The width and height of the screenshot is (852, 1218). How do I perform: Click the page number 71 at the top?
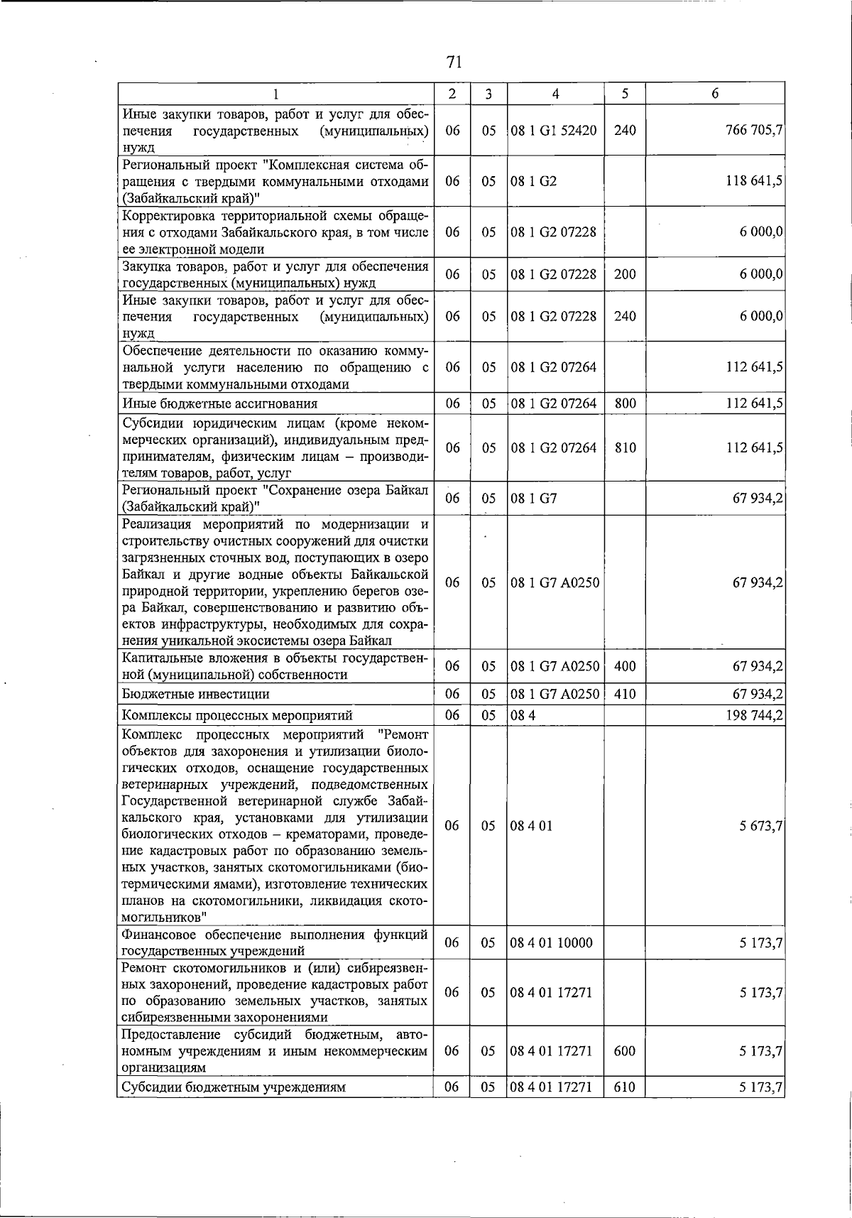pos(454,62)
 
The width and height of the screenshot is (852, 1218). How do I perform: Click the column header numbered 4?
pos(555,94)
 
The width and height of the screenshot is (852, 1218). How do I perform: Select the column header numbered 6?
pos(715,94)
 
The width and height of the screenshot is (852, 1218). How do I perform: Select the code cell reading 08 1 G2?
pos(533,181)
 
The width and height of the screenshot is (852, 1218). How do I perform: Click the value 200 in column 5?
pos(624,274)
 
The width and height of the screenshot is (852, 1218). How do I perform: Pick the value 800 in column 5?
pos(624,403)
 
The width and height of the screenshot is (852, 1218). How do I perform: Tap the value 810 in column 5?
pos(624,448)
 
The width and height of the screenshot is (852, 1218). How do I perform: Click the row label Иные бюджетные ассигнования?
pos(219,403)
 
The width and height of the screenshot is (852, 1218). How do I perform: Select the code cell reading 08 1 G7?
pos(533,499)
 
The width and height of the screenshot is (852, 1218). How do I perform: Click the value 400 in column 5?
pos(624,666)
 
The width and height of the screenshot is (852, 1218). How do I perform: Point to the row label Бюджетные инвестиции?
pos(195,694)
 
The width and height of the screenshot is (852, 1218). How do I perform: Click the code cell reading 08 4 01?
pos(531,826)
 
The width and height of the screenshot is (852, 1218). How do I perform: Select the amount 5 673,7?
pos(759,826)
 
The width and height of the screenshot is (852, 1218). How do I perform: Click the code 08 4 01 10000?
pos(551,943)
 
